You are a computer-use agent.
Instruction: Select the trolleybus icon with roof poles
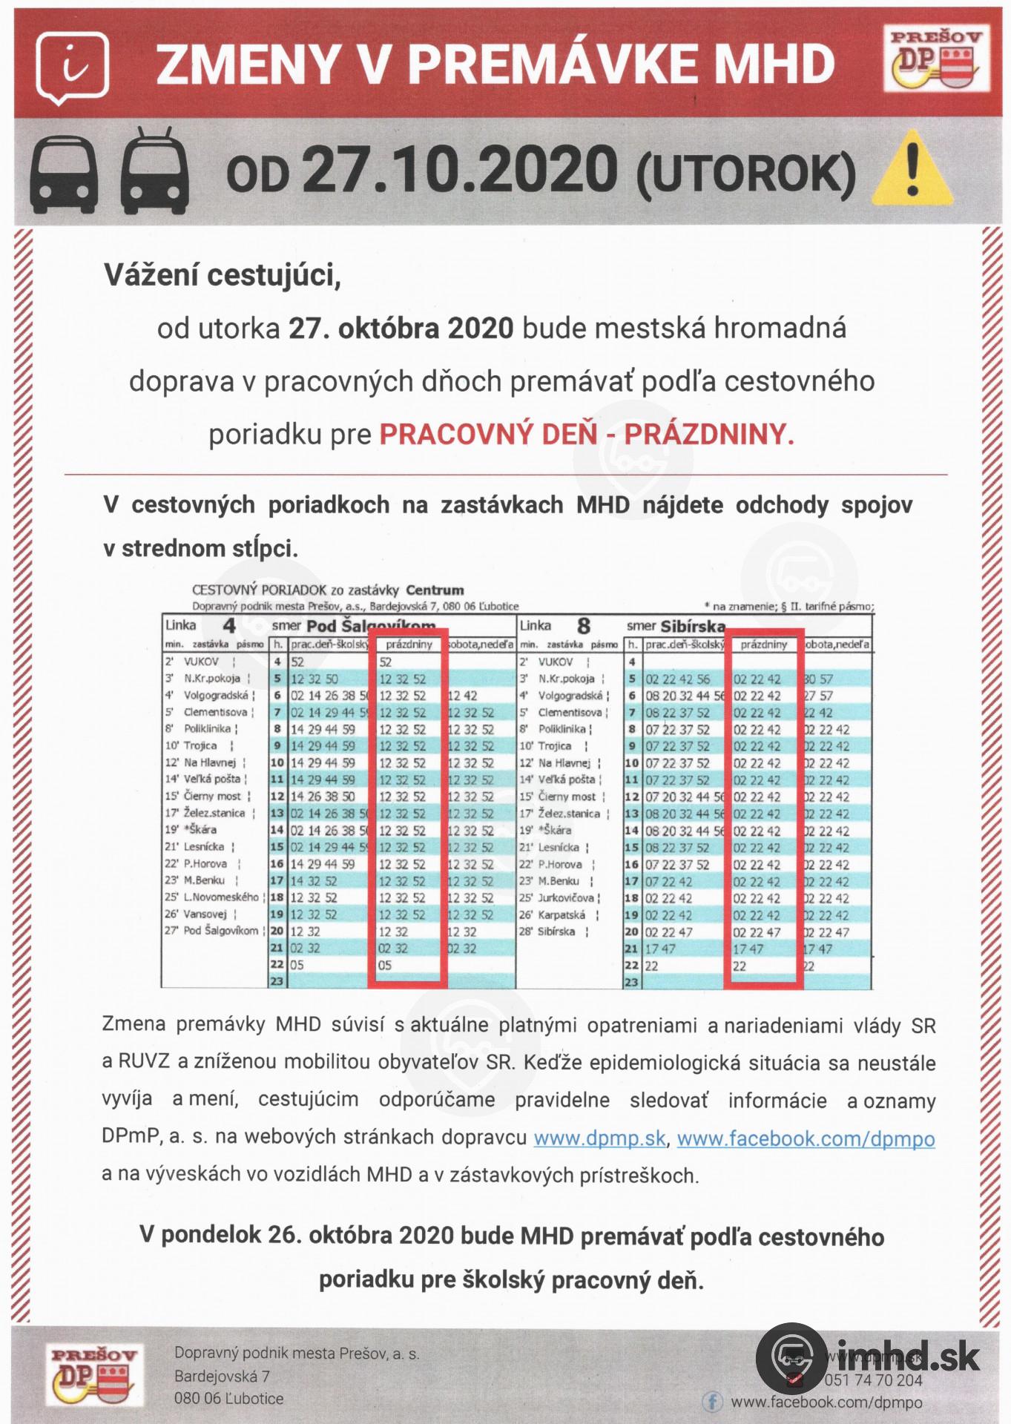(x=154, y=170)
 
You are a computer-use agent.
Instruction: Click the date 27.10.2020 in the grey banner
(x=459, y=169)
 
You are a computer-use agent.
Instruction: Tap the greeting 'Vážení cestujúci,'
(x=222, y=275)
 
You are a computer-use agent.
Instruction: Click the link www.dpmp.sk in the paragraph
(x=599, y=1138)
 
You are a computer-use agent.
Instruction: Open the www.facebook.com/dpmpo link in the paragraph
(x=806, y=1138)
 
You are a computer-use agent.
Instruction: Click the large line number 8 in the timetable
(x=584, y=626)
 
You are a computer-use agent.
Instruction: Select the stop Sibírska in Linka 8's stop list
(x=556, y=932)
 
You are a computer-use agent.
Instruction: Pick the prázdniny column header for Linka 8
(x=763, y=645)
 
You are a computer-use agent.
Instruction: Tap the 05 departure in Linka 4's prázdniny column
(x=384, y=965)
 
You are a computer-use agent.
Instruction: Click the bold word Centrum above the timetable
(x=435, y=590)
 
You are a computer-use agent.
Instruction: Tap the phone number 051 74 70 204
(x=873, y=1380)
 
